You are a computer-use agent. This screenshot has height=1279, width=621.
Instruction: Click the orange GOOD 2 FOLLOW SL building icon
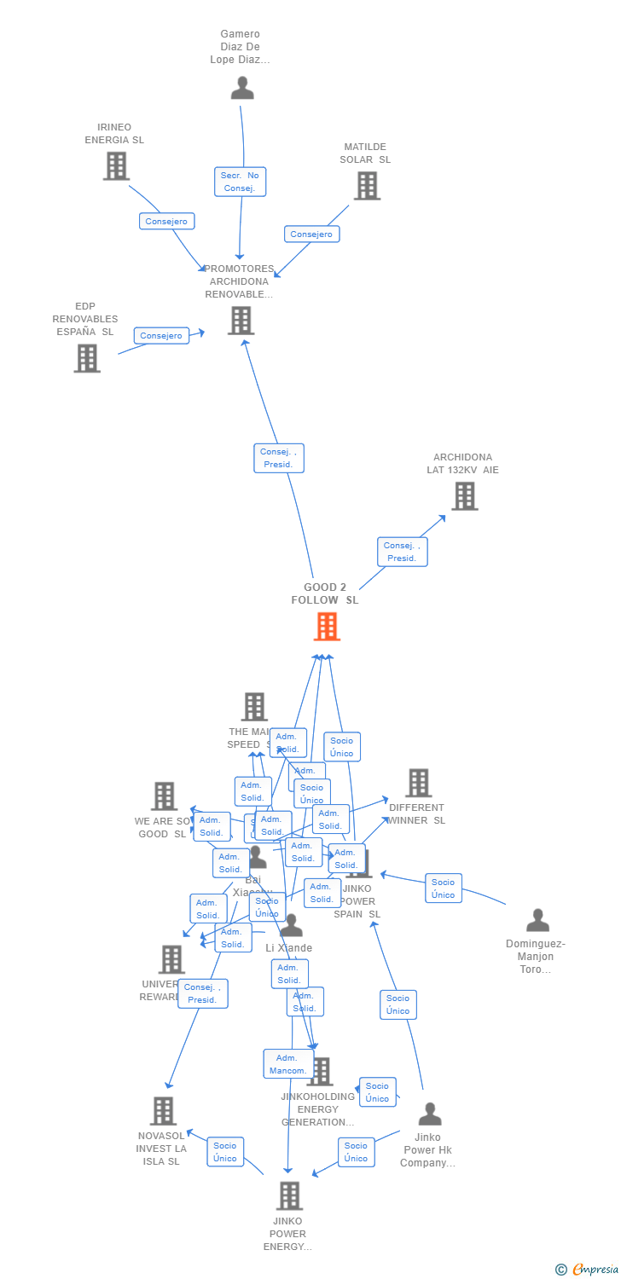[327, 627]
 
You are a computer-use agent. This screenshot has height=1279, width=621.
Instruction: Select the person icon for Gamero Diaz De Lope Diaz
[242, 88]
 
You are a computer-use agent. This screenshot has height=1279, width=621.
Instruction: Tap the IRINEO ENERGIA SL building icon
[116, 165]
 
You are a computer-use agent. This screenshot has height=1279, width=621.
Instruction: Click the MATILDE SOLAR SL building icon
[367, 185]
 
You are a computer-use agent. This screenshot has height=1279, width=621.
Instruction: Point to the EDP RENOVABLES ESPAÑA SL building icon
[87, 358]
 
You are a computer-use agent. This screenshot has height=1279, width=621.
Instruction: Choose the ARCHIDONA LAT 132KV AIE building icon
[464, 495]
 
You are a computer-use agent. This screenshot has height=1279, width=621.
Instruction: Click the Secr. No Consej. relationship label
[240, 182]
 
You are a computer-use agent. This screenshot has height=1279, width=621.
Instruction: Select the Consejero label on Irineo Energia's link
[167, 222]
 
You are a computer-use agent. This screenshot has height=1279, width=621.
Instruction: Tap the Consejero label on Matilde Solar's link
[311, 234]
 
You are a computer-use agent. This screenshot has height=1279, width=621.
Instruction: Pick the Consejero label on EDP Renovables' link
[161, 336]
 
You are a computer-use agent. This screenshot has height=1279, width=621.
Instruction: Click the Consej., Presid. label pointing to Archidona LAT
[402, 552]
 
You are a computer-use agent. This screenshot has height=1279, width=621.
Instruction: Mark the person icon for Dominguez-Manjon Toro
[537, 920]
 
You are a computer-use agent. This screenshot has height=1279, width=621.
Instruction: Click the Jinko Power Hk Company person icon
[430, 1114]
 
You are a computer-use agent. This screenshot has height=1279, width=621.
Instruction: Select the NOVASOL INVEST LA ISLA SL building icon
[163, 1111]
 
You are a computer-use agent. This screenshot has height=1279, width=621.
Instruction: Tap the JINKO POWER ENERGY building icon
[289, 1195]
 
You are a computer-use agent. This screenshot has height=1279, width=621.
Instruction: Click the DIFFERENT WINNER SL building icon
[418, 783]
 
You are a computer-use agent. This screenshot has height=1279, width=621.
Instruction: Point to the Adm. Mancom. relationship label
[287, 1064]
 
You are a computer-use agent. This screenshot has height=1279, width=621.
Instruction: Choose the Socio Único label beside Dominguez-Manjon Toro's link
[444, 888]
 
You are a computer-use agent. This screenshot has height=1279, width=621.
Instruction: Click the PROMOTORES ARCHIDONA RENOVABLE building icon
[241, 321]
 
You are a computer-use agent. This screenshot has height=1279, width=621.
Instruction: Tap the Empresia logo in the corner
[588, 1270]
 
